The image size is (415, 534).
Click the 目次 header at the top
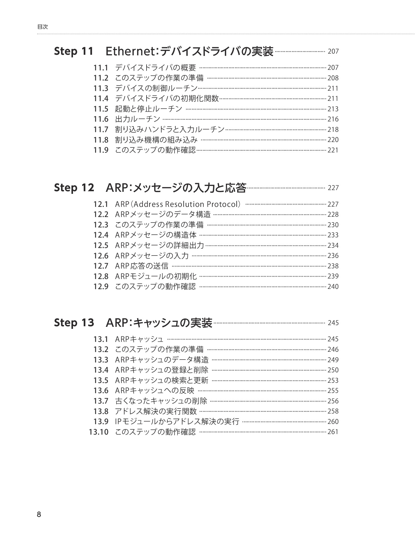42,27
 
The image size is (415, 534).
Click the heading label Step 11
74,52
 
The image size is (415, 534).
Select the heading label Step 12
74,188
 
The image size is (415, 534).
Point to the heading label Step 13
74,323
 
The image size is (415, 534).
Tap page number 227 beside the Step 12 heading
333,188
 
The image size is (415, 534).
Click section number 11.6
100,119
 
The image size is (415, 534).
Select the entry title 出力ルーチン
138,119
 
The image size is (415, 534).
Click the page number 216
333,119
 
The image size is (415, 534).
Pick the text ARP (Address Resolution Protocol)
178,204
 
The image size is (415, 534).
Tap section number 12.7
100,266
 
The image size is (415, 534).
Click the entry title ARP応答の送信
142,266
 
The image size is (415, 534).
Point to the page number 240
333,287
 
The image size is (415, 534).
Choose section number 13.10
98,432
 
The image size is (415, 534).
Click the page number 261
333,432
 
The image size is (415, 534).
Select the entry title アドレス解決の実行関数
156,411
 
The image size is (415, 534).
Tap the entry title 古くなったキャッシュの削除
161,401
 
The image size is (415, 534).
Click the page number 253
333,380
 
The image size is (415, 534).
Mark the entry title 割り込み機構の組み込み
156,140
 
